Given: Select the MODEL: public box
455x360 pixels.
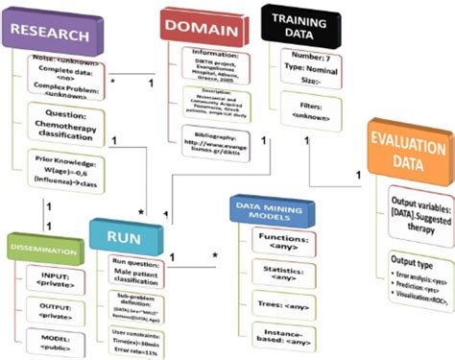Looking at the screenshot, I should coord(53,341).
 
